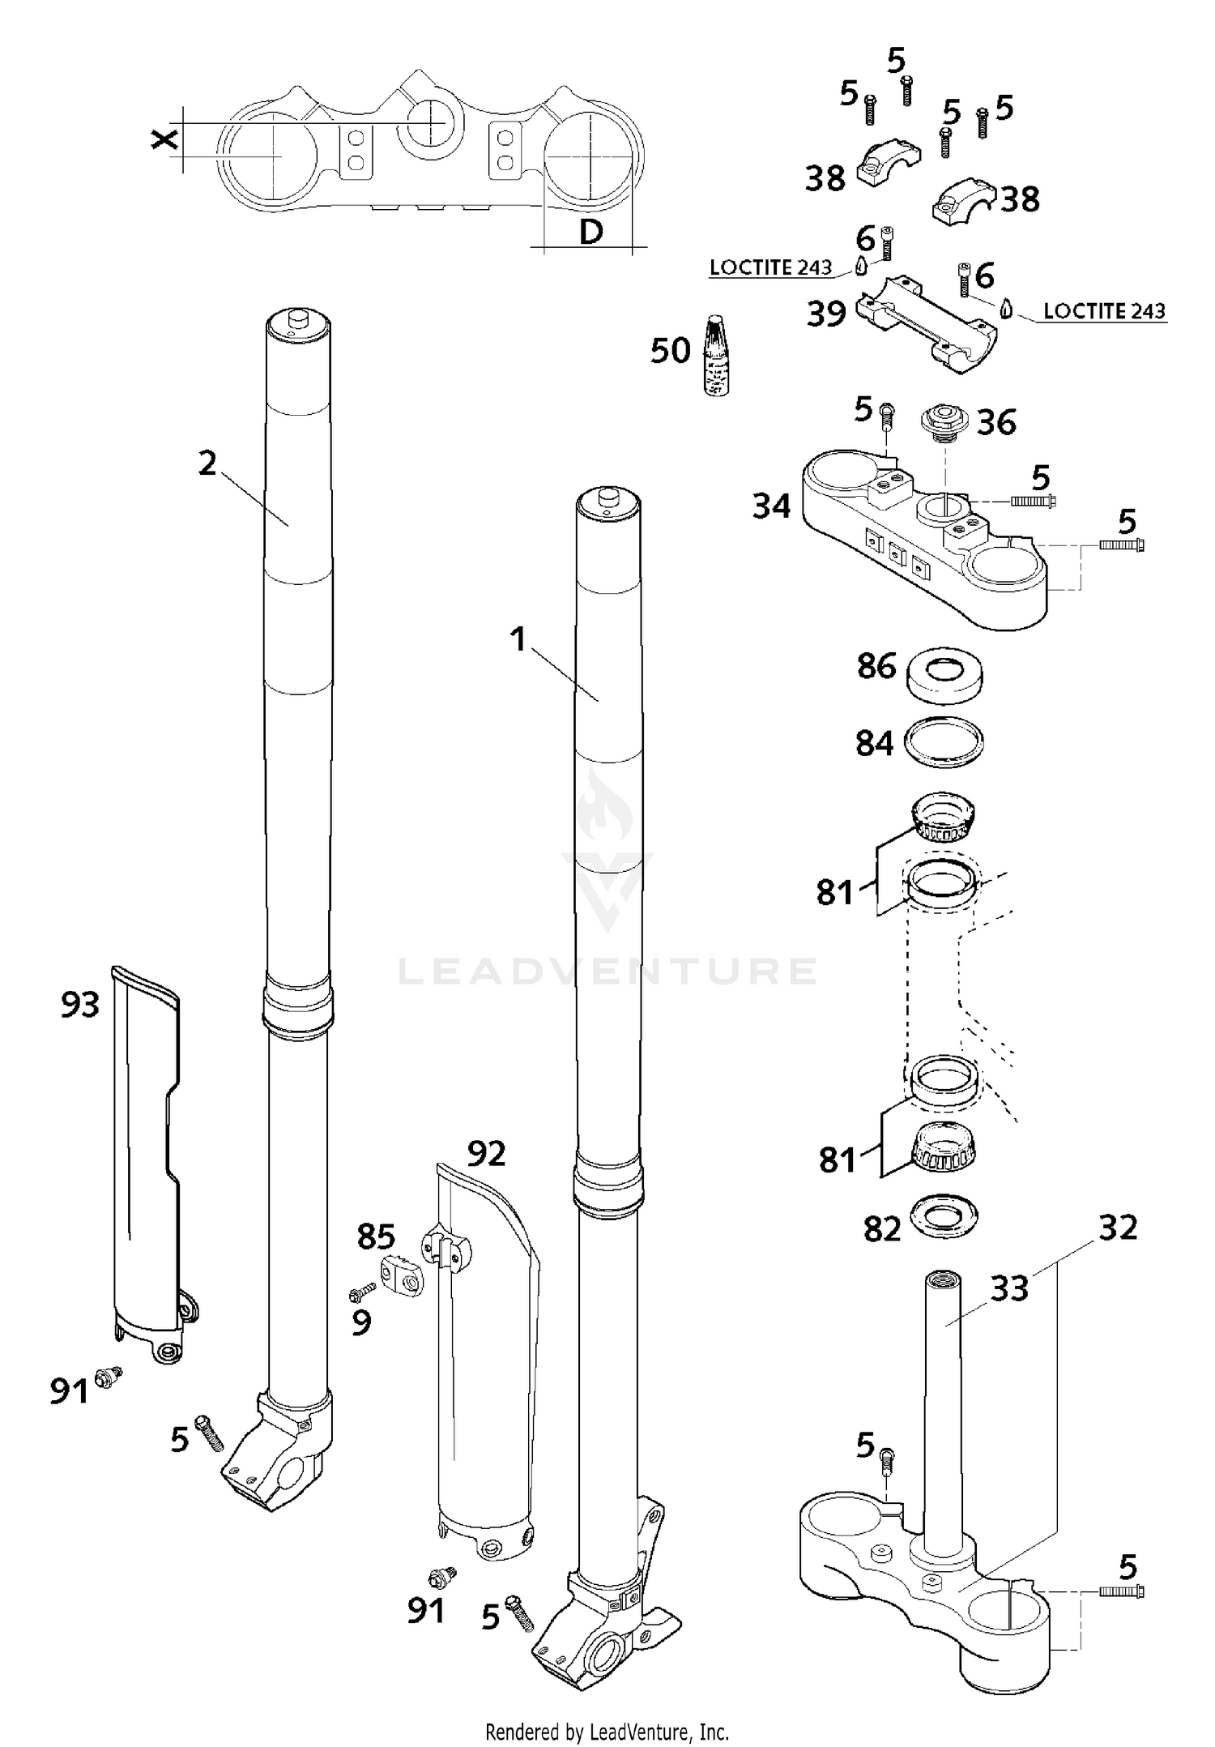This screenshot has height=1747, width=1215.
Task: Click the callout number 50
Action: [x=670, y=351]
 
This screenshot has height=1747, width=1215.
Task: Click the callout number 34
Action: [x=771, y=506]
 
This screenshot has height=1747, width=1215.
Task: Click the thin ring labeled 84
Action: [x=944, y=743]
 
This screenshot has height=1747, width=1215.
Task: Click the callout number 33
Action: [x=1009, y=1288]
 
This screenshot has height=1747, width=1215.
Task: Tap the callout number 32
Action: [x=1118, y=1228]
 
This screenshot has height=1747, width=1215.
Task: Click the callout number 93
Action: [x=80, y=1005]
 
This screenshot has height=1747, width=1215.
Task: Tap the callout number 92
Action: [x=486, y=1153]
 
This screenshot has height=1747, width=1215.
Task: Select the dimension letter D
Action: [x=591, y=233]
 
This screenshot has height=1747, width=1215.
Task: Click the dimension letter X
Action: [x=164, y=140]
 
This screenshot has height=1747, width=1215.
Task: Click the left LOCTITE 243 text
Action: [x=770, y=267]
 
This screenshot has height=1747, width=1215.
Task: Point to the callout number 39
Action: [x=826, y=314]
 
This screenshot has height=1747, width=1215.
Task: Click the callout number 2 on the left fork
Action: [x=207, y=463]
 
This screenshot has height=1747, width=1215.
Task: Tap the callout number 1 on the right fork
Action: [x=518, y=640]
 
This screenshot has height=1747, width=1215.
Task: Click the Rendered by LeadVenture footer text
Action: [x=607, y=1731]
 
